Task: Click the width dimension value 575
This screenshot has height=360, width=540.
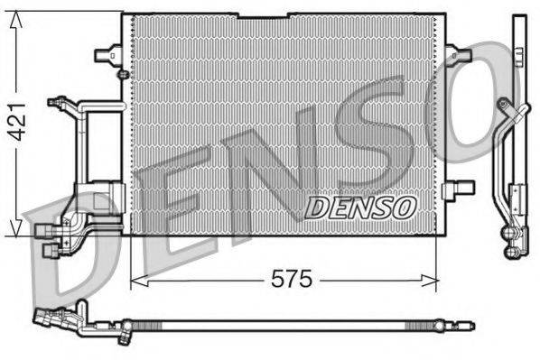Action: [x=293, y=280]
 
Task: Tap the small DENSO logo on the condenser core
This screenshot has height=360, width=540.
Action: [x=360, y=208]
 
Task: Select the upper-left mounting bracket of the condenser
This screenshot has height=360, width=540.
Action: [x=107, y=54]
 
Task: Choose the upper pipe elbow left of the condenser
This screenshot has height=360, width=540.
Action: [x=65, y=105]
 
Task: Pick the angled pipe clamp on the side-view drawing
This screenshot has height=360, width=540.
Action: [x=513, y=113]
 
